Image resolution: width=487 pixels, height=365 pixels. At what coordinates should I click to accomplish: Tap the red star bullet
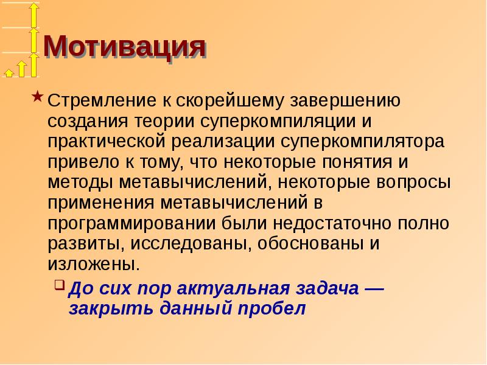coord(38,97)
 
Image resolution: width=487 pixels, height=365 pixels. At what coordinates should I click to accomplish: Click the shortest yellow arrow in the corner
coord(9,72)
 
